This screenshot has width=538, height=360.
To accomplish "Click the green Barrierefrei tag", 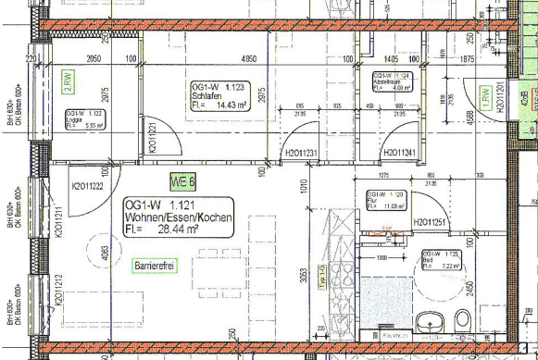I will tap(156, 267).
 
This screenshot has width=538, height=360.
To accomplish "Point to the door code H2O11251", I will tap(432, 222).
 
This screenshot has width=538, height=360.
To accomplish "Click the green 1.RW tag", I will tap(484, 94).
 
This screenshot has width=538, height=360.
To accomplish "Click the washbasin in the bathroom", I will tap(429, 322).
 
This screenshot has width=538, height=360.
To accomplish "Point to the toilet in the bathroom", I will tap(462, 321).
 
